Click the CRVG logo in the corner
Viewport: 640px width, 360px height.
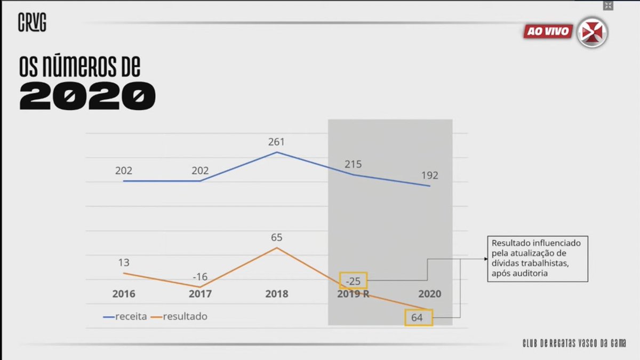click(32, 23)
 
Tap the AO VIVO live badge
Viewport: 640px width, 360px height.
click(547, 31)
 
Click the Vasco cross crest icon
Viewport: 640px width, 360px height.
click(593, 31)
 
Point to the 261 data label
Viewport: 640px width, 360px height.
click(276, 142)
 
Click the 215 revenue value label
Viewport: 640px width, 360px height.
click(353, 165)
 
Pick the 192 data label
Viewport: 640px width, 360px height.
click(429, 175)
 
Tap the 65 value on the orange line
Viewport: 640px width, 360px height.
click(276, 238)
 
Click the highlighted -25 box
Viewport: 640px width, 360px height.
click(353, 281)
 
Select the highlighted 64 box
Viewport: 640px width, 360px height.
click(419, 318)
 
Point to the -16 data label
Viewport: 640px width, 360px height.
click(199, 277)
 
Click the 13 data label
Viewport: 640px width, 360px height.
click(123, 263)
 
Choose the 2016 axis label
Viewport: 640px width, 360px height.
click(124, 294)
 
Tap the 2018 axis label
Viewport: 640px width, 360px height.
click(276, 294)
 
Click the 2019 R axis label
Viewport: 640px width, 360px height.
click(353, 294)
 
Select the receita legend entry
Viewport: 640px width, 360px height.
click(125, 317)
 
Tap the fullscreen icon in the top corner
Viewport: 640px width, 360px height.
click(607, 5)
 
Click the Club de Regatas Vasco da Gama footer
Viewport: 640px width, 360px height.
click(574, 343)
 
